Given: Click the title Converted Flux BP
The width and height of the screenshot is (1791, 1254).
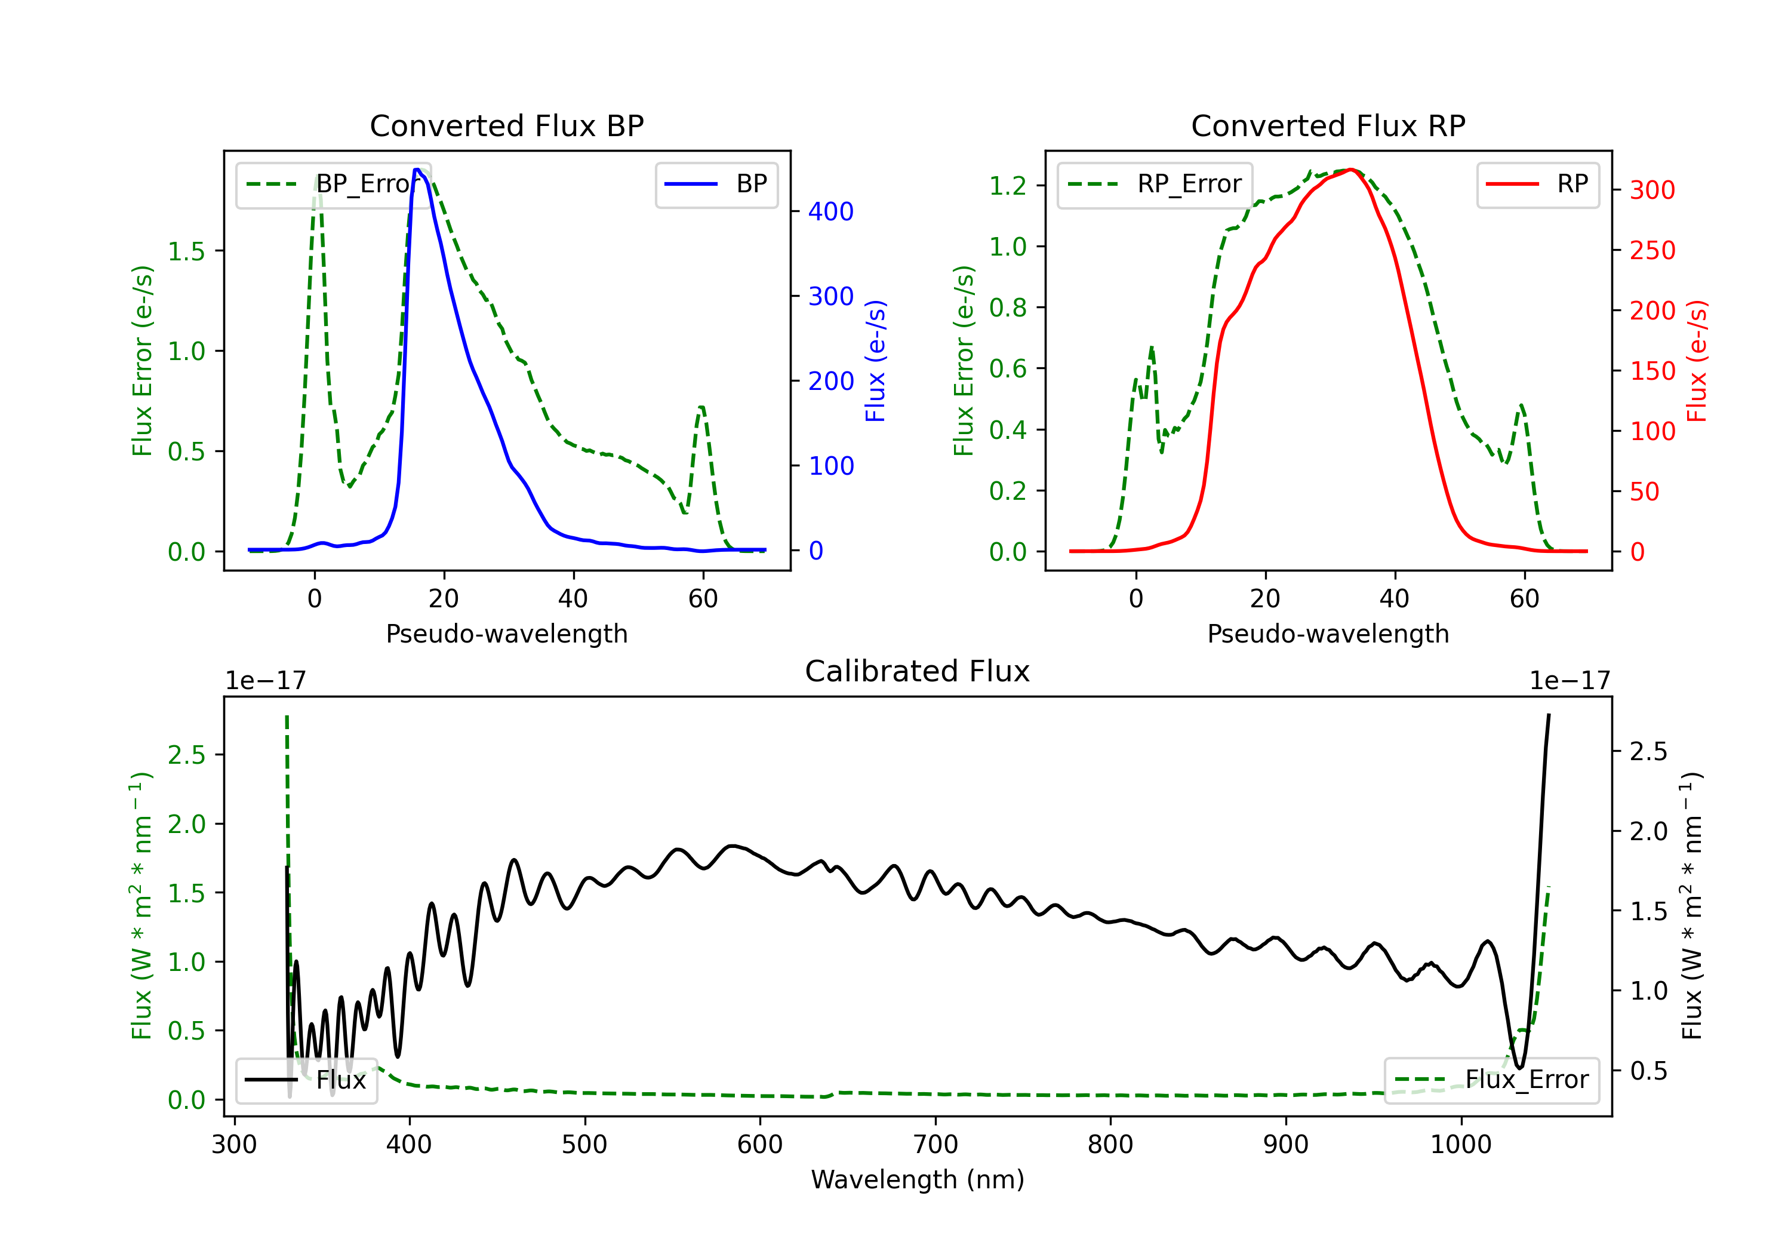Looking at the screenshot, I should [x=506, y=125].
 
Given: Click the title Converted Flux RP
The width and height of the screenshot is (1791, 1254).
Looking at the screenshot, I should [x=1328, y=125].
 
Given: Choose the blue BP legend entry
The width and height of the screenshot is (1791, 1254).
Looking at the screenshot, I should [x=716, y=184].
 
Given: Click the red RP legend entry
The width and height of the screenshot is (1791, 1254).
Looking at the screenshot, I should [x=1537, y=184].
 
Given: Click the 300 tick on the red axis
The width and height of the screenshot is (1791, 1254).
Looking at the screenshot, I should [x=1652, y=190].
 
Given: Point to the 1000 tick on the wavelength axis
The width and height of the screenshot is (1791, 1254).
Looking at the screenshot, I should [x=1460, y=1144].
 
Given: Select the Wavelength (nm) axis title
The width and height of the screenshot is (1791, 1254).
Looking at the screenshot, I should [x=918, y=1179].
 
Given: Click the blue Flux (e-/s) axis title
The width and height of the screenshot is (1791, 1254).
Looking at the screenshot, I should [x=875, y=361].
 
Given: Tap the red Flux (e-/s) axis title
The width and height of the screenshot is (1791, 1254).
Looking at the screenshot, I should [x=1697, y=361].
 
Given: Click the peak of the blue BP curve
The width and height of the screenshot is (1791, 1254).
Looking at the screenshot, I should [x=417, y=170].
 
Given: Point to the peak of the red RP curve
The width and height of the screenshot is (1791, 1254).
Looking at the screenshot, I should [x=1350, y=170].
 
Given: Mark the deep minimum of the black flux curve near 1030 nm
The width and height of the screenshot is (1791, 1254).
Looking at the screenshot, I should [x=1518, y=1066].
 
